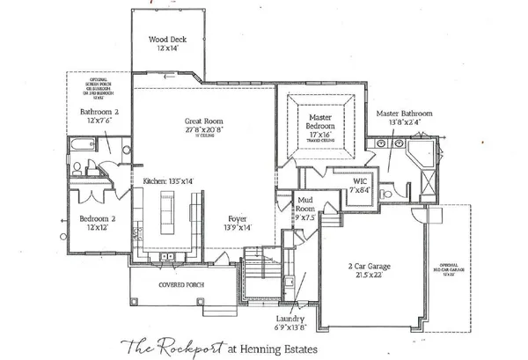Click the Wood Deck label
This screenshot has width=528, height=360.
pos(167,40)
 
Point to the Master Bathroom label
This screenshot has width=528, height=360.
pos(404,114)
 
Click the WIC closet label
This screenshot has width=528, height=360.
pos(359,182)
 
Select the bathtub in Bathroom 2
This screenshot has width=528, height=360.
pos(81,145)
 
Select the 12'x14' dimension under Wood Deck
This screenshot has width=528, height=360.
pos(167,48)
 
